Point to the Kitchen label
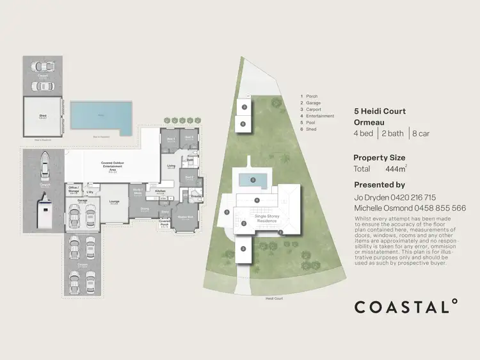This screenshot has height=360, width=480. coord(160,191)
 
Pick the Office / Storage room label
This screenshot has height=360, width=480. coord(74,190)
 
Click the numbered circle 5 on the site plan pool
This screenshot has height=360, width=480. coord(253,180)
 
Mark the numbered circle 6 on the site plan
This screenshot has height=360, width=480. coord(243,124)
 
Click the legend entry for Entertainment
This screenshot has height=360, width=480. coord(320,116)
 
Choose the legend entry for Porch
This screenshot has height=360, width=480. coord(312,97)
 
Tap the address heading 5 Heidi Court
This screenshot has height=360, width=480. coord(380,111)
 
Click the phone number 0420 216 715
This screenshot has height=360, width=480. coord(413,198)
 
